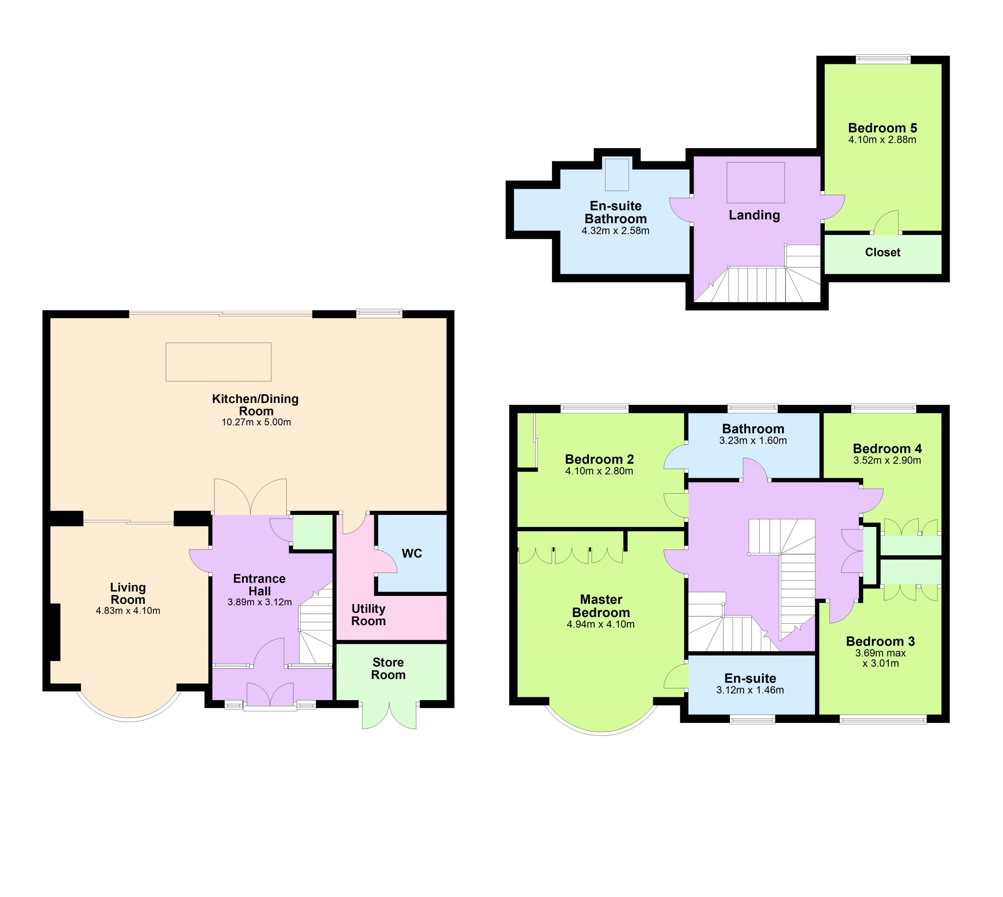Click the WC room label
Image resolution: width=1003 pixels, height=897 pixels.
(x=412, y=554)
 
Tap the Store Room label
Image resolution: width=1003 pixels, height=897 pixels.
(x=388, y=669)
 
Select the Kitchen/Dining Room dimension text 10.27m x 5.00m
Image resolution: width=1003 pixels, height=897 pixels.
(x=256, y=422)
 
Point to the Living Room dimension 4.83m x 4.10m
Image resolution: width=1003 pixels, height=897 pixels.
(x=128, y=611)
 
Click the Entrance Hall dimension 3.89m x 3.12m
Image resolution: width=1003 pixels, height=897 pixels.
(x=259, y=602)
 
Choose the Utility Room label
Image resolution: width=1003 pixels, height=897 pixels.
(x=368, y=615)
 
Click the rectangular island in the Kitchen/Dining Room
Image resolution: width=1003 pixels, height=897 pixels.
(x=219, y=362)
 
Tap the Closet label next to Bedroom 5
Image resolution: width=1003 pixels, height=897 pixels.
(x=883, y=253)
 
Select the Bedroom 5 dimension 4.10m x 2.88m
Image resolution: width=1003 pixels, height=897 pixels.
(x=882, y=140)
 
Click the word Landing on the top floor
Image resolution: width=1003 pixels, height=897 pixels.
(x=755, y=215)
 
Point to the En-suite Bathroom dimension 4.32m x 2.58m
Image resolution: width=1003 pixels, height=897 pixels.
(x=616, y=231)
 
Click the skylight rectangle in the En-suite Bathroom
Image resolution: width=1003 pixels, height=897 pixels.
(x=617, y=175)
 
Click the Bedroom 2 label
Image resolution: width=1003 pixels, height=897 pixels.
(x=599, y=459)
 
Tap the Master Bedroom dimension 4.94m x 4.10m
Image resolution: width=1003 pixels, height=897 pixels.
(x=601, y=624)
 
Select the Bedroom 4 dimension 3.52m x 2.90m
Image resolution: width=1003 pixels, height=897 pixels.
(x=887, y=461)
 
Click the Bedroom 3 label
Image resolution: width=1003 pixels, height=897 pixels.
(x=880, y=642)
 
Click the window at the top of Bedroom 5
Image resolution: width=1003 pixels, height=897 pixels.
(x=883, y=59)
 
